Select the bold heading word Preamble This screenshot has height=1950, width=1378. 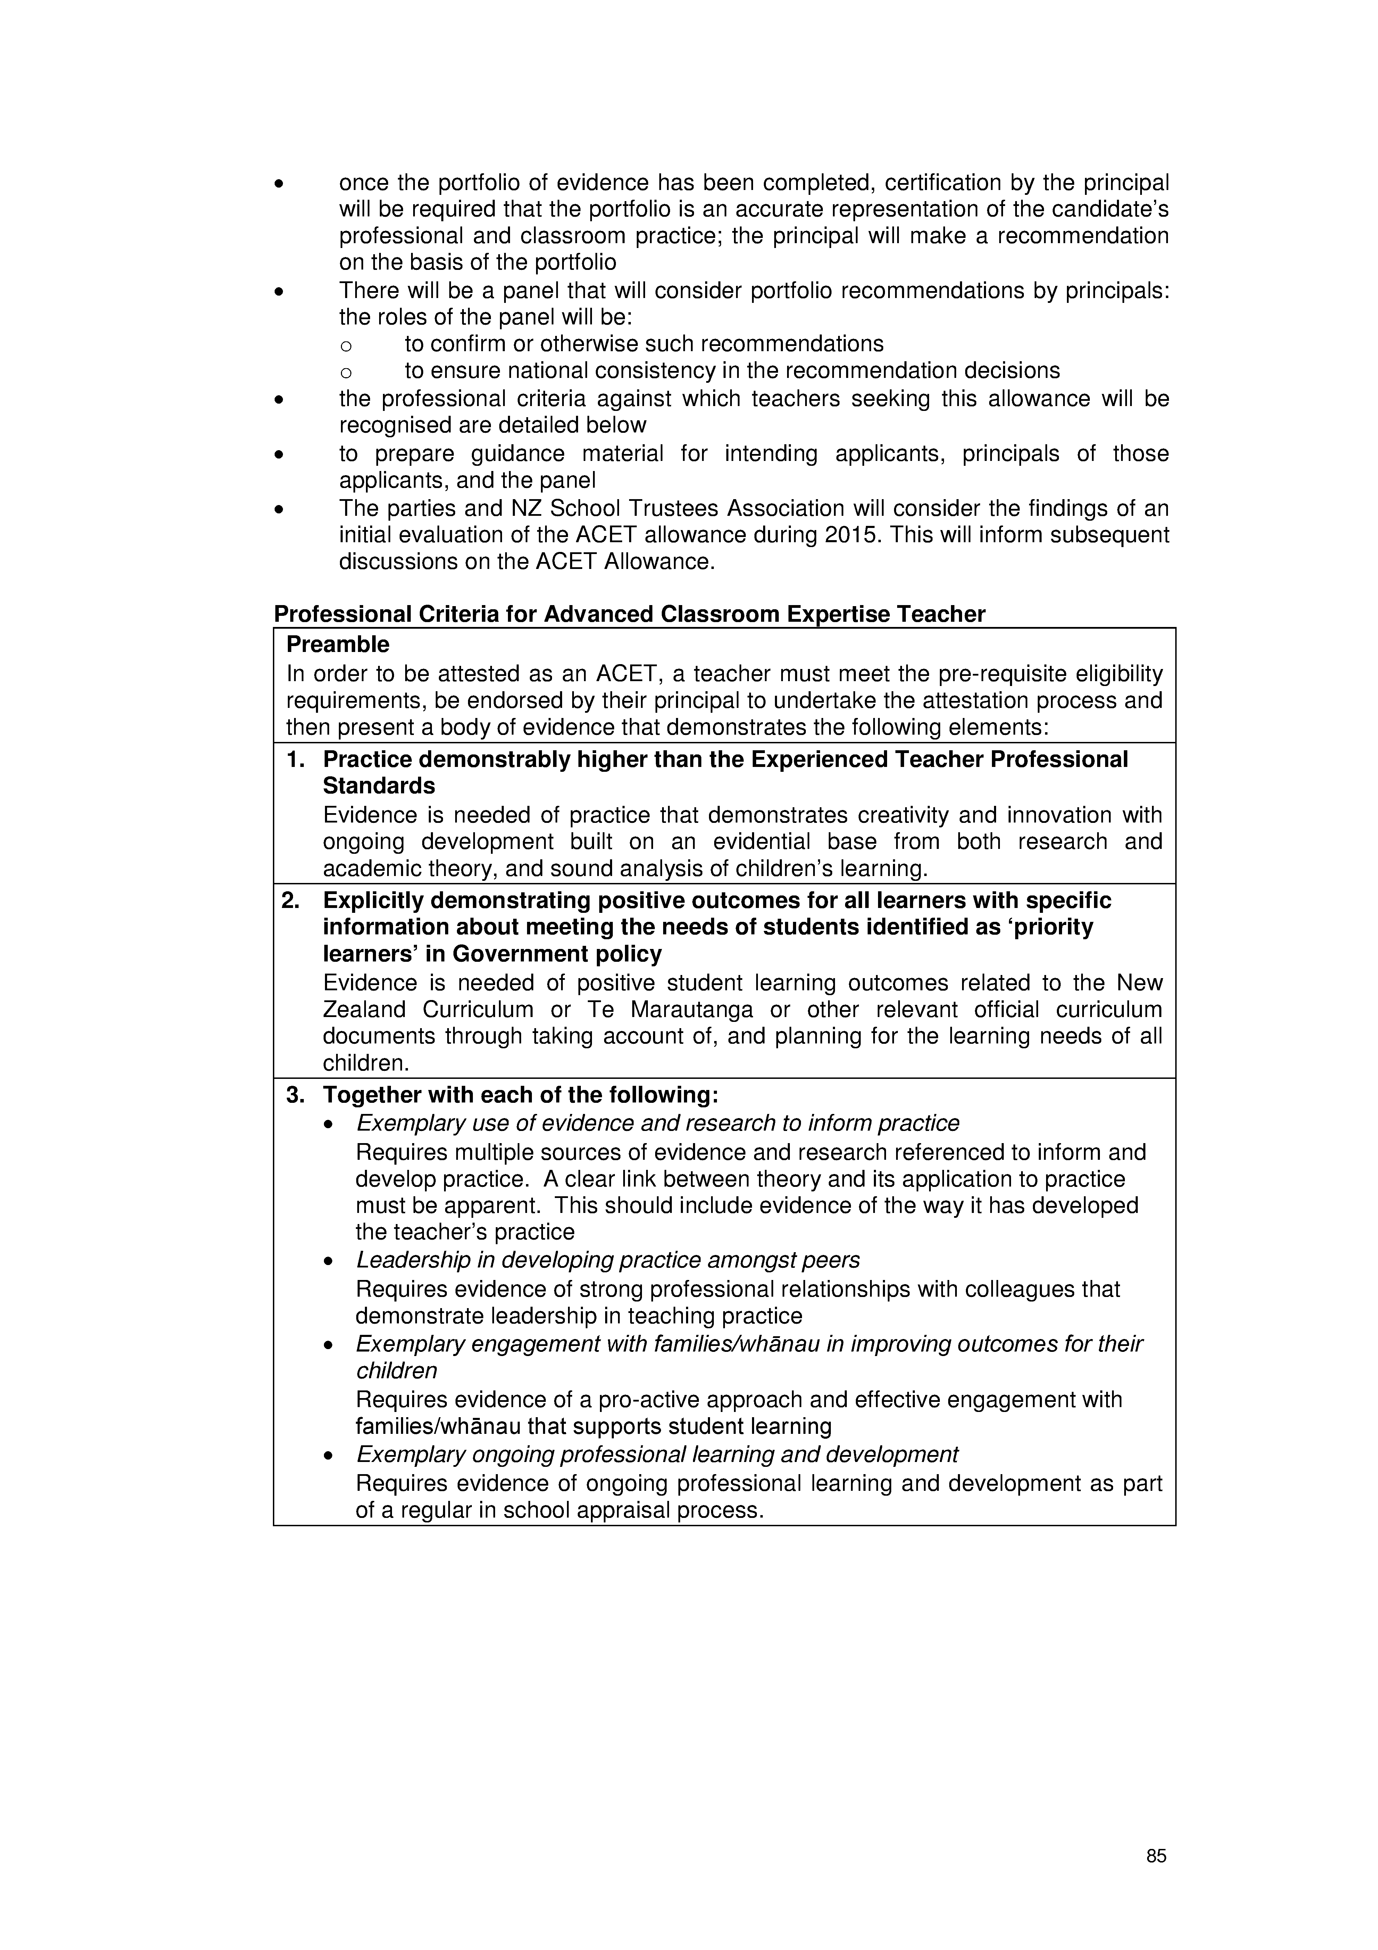pyautogui.click(x=338, y=645)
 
